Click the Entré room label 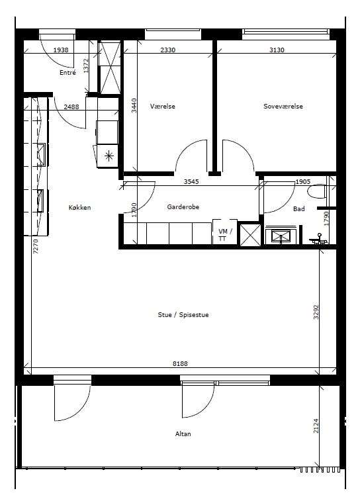pos(67,73)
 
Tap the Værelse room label pos(163,106)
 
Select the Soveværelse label pos(283,106)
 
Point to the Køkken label pos(79,207)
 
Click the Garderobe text pos(183,206)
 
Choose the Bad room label pos(299,208)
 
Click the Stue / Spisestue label pos(183,315)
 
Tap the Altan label pos(183,433)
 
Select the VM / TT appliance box pos(225,232)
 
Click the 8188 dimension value pos(180,363)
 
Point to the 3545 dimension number pos(191,181)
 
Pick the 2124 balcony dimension pos(316,426)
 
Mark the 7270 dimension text pos(36,246)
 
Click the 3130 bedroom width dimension pos(277,50)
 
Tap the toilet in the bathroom pos(316,192)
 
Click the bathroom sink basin pos(281,236)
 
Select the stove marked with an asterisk pos(108,156)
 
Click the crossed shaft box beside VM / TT pos(250,235)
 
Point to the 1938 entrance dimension pos(61,50)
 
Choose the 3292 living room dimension pos(316,312)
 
